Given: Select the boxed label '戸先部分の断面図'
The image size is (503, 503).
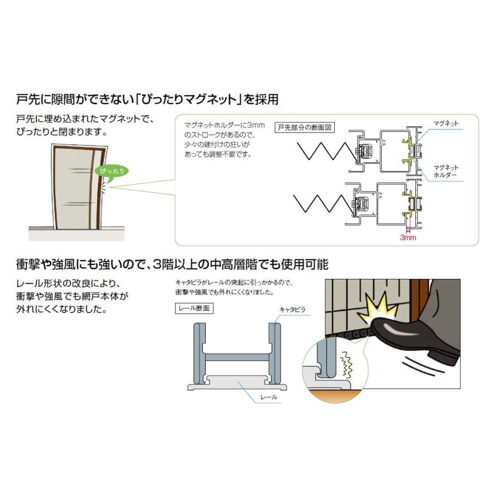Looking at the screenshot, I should point(305,127).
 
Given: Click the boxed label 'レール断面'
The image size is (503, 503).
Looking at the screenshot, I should point(194,307).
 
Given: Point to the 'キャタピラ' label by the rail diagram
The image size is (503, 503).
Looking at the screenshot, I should point(293,309).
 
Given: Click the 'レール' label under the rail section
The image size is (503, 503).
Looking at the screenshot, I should point(269,397).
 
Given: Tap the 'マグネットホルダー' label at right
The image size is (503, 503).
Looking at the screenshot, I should point(445,171).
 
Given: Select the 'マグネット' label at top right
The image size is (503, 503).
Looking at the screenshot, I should point(445,122).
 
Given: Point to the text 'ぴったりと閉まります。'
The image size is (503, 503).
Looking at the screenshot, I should point(62,132).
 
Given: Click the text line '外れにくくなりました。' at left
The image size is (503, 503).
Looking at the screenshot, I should point(62,308).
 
